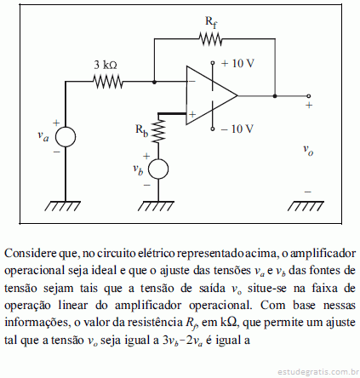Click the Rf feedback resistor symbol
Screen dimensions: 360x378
click(x=210, y=39)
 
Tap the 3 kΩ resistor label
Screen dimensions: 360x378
click(x=106, y=66)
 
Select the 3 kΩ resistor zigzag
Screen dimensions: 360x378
click(x=108, y=82)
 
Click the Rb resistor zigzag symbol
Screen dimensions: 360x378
click(x=158, y=130)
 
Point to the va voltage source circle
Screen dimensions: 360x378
click(x=66, y=137)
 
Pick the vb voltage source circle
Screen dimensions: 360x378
click(x=158, y=169)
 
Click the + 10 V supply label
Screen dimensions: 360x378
click(x=237, y=63)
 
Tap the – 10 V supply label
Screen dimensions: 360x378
click(x=237, y=129)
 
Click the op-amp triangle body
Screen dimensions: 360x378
click(x=212, y=95)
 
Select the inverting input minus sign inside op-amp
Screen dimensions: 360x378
click(x=192, y=82)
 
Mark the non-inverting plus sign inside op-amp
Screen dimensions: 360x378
click(x=192, y=114)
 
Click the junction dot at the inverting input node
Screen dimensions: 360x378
click(x=154, y=82)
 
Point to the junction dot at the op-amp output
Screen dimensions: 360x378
click(x=275, y=96)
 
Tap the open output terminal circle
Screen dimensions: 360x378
click(x=309, y=96)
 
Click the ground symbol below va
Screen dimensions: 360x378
click(x=63, y=206)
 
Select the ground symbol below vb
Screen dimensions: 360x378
click(x=156, y=206)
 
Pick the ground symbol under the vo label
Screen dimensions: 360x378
click(x=306, y=206)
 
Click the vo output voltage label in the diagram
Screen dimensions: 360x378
click(x=308, y=150)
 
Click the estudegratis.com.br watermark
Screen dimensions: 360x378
click(x=317, y=371)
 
